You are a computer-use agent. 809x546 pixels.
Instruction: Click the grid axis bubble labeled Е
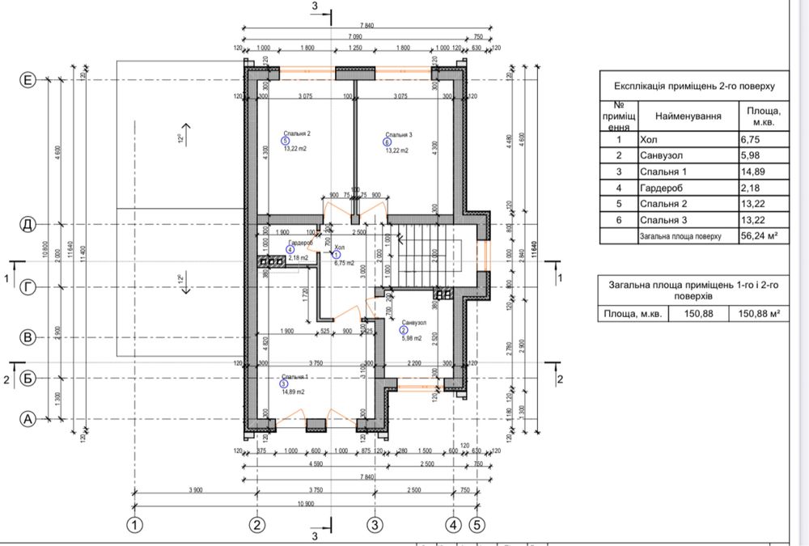28,80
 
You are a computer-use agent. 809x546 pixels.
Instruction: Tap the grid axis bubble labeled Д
28,224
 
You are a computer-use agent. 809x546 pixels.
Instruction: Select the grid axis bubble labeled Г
28,287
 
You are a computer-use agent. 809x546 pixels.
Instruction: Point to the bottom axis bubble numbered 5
477,524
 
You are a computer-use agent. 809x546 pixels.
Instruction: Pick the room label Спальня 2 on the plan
297,134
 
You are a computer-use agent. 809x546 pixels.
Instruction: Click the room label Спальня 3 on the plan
399,134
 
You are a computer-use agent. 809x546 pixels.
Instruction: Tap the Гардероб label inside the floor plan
299,243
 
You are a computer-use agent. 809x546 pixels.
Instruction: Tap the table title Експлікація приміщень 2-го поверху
694,85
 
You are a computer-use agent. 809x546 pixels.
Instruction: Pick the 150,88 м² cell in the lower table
758,314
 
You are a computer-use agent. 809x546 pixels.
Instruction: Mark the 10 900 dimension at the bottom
304,503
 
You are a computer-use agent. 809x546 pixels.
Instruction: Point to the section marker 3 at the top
316,8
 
